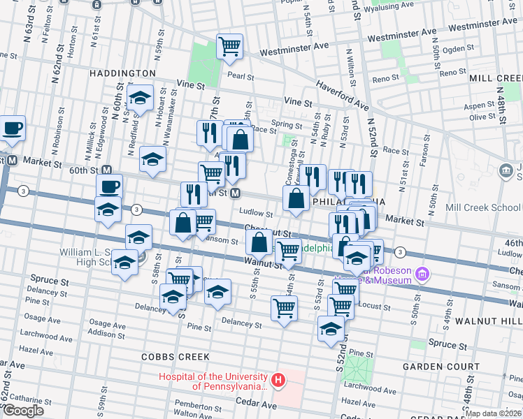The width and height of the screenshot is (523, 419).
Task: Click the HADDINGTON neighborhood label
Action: pos(122,73)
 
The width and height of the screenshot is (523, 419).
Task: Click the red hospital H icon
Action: pos(278,381)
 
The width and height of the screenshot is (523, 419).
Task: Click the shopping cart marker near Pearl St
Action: pos(229,47)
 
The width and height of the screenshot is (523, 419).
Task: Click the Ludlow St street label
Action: pos(255,213)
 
